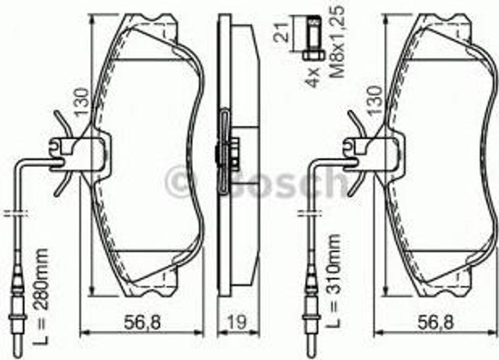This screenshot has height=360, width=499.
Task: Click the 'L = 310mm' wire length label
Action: coord(333,281)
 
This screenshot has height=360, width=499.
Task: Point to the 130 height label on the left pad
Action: coord(80,101)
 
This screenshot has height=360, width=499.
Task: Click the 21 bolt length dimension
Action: coord(281,32)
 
